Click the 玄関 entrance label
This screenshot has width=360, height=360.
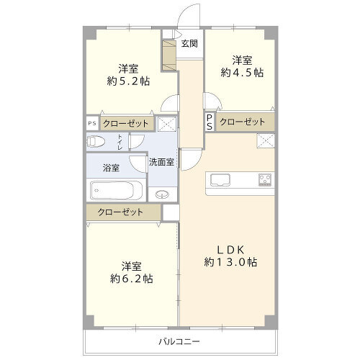189,44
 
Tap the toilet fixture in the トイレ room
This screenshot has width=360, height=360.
96,141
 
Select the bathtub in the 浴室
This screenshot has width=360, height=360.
112,190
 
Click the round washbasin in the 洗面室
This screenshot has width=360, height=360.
162,194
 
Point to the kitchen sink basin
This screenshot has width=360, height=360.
220,180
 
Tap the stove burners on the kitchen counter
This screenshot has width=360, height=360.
265,179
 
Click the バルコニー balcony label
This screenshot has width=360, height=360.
179,341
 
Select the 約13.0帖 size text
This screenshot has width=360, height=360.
230,262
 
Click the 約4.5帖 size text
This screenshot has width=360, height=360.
242,73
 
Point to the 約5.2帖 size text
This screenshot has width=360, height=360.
128,81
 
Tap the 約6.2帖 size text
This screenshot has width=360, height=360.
131,279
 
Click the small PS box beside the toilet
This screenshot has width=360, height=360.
92,123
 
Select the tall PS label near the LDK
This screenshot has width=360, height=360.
210,122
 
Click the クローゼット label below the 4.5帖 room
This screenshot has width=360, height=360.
243,122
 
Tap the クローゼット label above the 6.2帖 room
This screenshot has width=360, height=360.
120,212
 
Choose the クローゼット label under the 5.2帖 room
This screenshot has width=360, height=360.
125,124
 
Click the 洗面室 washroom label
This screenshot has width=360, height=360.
161,162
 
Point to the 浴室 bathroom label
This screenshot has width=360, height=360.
111,168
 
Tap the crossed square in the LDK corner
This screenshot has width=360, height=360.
266,141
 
